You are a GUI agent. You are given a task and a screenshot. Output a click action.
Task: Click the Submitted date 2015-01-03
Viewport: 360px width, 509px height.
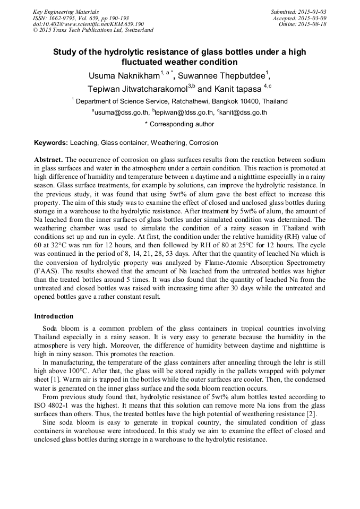(312, 11)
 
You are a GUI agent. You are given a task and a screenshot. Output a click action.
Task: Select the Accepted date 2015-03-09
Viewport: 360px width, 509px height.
(312, 18)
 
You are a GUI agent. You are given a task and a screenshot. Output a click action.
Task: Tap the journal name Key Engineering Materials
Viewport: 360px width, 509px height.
(66, 11)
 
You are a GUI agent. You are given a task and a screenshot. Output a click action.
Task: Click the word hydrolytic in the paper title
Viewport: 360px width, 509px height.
(123, 52)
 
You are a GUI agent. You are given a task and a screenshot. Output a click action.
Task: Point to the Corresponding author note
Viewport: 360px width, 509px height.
(179, 124)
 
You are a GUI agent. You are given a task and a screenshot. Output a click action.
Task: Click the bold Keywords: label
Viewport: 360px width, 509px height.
(51, 143)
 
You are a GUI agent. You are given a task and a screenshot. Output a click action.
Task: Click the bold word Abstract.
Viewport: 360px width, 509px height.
(48, 160)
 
